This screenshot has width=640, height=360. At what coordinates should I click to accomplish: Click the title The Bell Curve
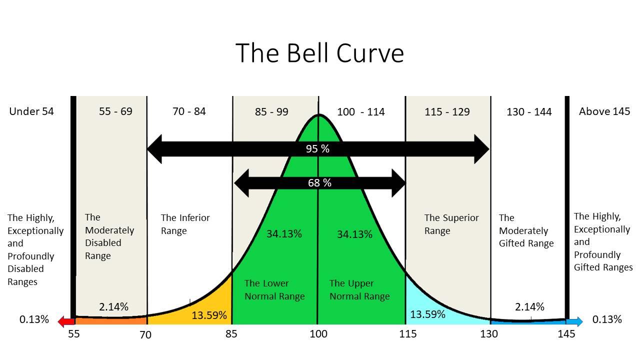coord(319,53)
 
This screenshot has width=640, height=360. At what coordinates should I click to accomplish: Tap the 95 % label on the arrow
coord(317,149)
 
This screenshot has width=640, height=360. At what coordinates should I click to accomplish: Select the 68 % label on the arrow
coord(319,183)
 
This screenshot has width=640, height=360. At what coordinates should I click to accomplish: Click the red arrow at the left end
coord(64,321)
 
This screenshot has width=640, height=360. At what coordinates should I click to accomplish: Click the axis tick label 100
coord(318,334)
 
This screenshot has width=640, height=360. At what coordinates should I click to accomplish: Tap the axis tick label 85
coord(231,334)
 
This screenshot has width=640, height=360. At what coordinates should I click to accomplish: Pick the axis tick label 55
coord(73,334)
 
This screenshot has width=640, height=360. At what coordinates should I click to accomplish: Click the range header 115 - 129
coord(447,112)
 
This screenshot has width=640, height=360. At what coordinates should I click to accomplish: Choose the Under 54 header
coord(31,111)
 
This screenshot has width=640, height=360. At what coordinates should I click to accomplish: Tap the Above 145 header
coord(604,111)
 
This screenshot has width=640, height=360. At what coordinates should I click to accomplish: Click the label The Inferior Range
coord(185,224)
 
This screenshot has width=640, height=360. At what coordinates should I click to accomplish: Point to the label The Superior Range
coord(451,224)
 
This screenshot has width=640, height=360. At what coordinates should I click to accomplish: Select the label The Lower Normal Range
coord(274,290)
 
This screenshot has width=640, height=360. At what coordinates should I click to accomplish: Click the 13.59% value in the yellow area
coord(209,315)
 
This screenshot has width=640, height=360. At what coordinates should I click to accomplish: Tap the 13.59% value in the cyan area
coord(427,314)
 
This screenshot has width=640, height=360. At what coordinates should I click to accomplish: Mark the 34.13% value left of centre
coord(284,234)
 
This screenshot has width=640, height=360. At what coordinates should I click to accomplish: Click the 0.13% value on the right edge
coord(607,319)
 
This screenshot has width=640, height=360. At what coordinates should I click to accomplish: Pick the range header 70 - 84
coord(189,111)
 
